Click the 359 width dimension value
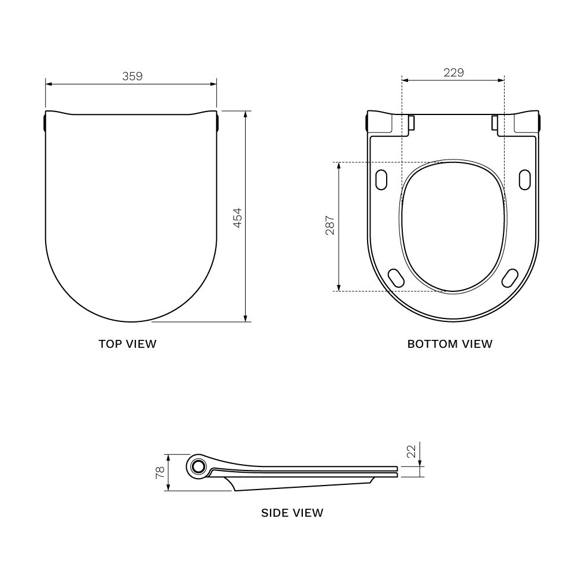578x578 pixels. (132, 76)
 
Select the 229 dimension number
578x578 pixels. (453, 72)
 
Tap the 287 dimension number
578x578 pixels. (330, 226)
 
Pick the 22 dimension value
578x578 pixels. (412, 451)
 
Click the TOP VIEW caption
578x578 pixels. (127, 344)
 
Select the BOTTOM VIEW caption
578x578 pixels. (450, 344)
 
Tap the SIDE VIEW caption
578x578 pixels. (292, 512)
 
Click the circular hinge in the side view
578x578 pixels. (199, 466)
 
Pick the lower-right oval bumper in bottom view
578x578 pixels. (510, 277)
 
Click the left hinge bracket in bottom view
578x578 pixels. (412, 123)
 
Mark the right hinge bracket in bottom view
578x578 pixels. (495, 123)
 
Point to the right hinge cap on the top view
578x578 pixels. (218, 123)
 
